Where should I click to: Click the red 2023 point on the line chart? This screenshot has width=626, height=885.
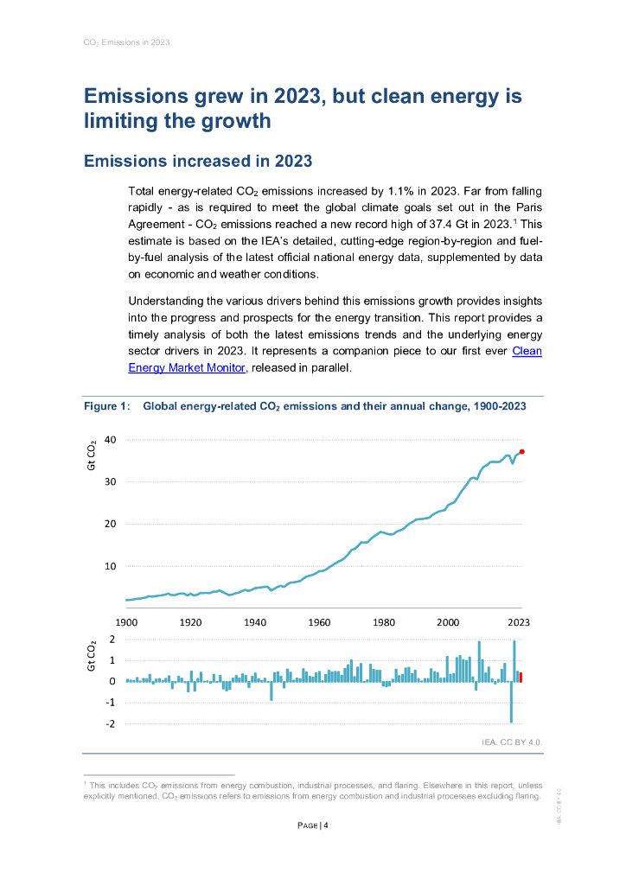coord(522,452)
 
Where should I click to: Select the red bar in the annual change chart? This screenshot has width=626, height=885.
coord(521,677)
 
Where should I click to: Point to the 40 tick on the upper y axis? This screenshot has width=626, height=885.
coord(110,439)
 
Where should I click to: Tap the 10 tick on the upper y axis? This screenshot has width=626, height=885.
coord(110,566)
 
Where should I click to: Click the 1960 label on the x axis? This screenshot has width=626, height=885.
coord(319,622)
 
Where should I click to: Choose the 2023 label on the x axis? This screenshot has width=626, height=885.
coord(519,622)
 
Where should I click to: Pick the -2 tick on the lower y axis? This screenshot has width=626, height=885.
coord(110,723)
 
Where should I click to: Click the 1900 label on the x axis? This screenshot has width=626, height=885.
coord(126,622)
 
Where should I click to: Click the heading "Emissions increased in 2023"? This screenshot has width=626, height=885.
coord(197,161)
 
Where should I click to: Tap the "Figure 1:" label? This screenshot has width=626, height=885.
coord(106,406)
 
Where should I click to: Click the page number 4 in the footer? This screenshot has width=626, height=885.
coord(326,825)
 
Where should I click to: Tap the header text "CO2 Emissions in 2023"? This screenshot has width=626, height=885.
coord(126,41)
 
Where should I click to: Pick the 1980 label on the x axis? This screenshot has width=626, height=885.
coord(384,622)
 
